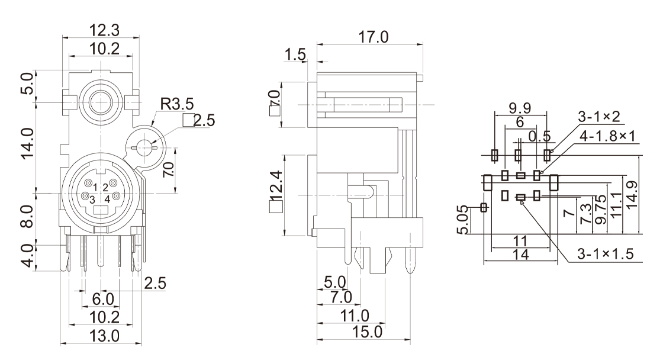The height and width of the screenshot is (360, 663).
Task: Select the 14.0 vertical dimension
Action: tap(43, 145)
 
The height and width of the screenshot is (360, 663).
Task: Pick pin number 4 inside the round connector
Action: tap(107, 200)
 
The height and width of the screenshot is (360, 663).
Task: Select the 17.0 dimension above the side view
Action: tap(371, 37)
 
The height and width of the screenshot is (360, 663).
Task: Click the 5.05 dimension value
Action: tap(467, 220)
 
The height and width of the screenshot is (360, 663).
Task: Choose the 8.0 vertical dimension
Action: tap(43, 216)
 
